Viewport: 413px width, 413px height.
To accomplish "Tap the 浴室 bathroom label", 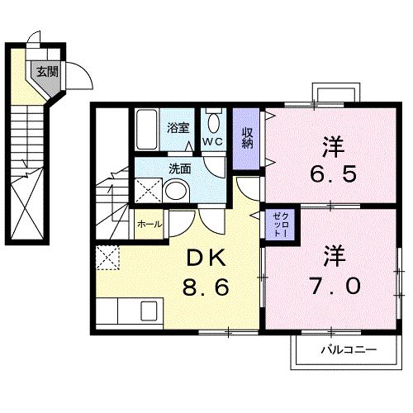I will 178,128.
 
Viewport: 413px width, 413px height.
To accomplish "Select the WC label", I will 212,142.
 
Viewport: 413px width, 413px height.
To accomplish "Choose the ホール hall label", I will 148,224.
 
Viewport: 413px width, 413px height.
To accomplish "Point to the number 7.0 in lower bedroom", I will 335,286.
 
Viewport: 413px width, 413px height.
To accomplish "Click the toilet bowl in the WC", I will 212,125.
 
